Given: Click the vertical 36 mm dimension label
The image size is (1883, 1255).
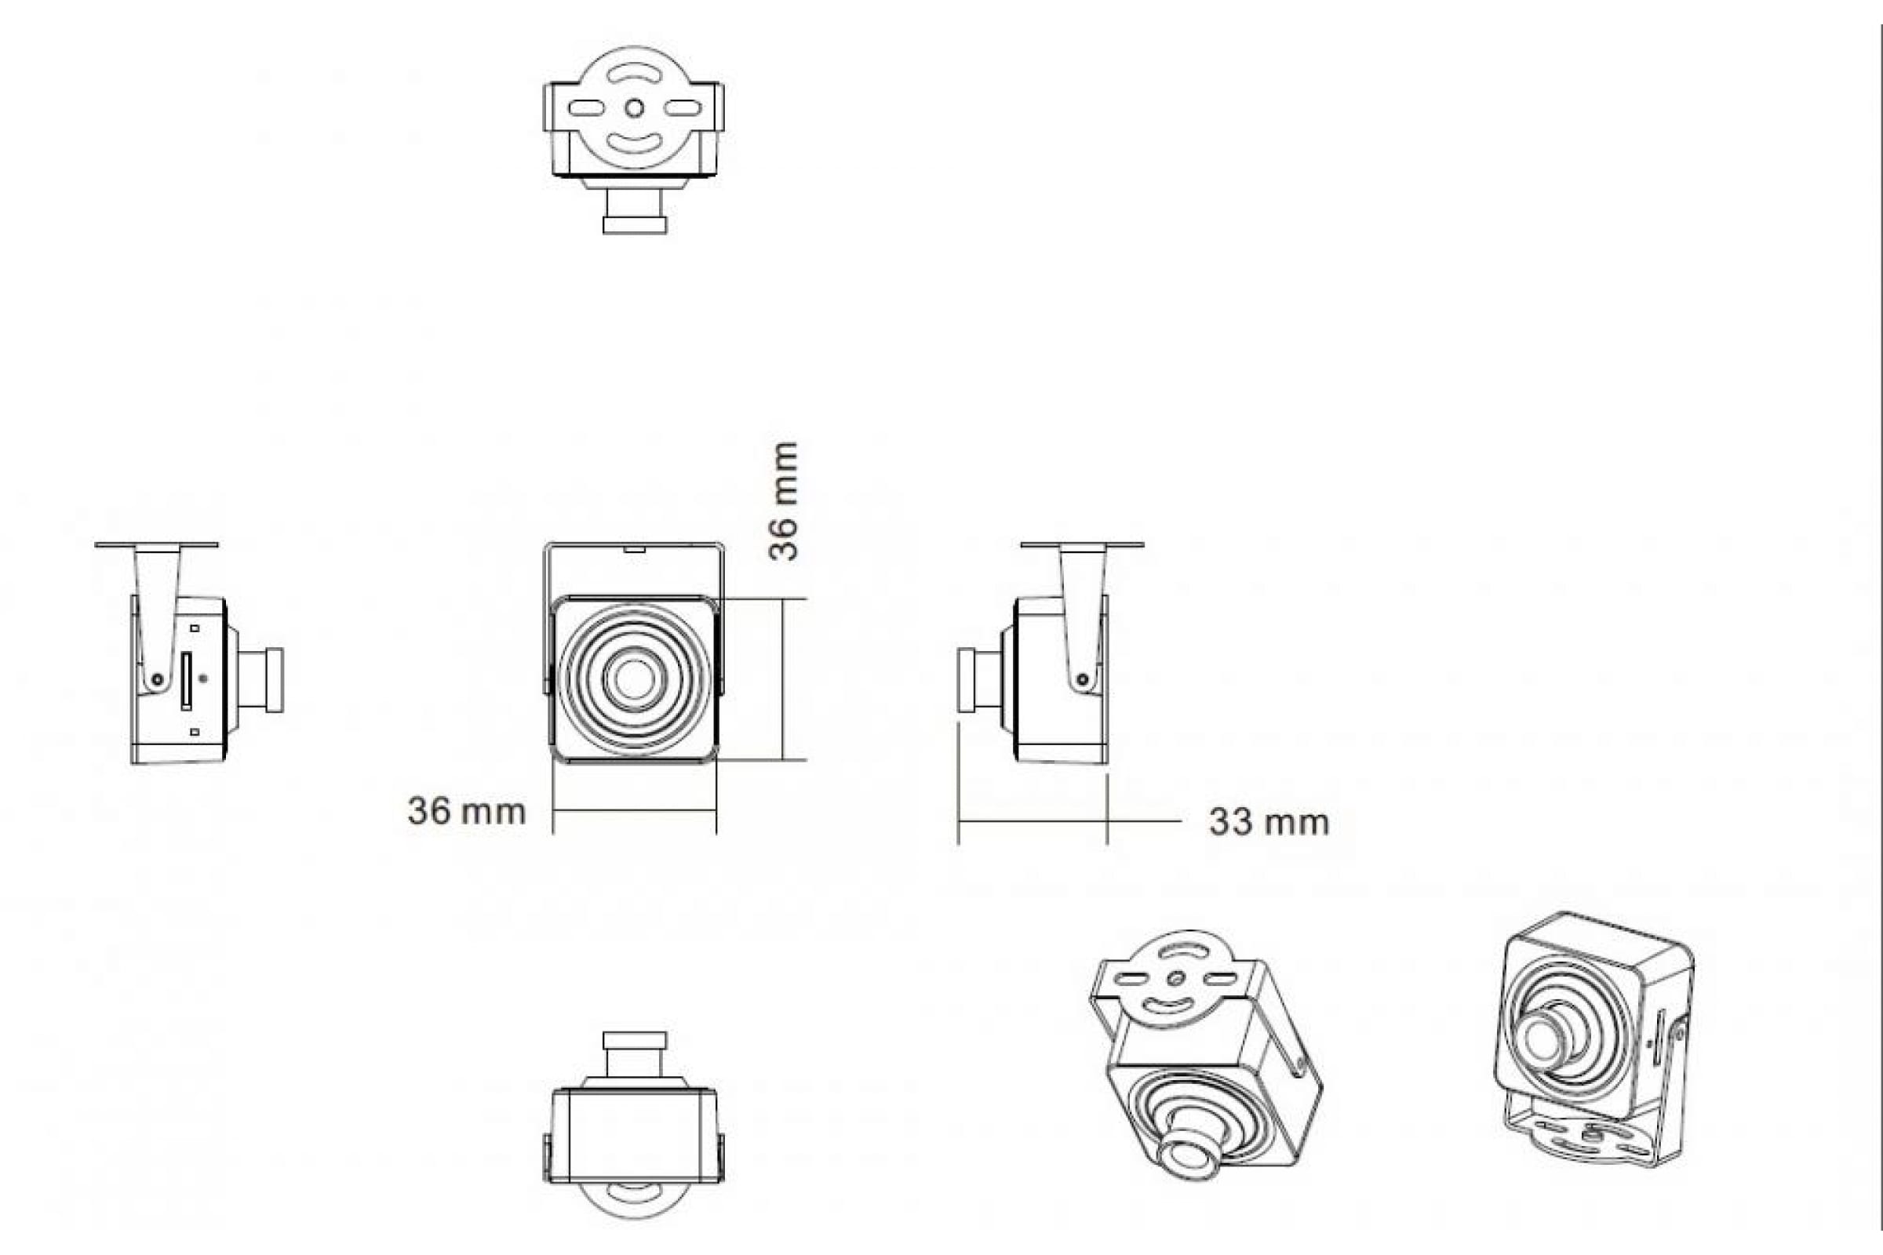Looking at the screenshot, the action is tap(784, 501).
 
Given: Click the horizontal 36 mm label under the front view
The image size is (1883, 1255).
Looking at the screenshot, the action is tap(467, 812).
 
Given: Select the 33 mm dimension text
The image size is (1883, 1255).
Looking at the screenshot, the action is tap(1269, 822).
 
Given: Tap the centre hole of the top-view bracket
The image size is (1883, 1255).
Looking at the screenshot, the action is tap(634, 107).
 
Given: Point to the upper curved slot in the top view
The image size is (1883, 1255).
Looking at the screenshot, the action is tap(634, 75).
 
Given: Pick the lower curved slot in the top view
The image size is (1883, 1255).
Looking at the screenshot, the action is tap(634, 144).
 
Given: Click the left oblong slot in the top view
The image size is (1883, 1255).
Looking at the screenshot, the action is tap(586, 107).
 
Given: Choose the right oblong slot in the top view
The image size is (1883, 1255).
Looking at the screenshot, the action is tap(683, 107).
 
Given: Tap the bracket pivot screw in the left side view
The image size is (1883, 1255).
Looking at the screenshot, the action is tap(158, 679).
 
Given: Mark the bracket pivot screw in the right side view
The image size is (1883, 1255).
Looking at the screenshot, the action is tap(1083, 679).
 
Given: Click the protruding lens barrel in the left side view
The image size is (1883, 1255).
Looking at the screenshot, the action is tap(261, 679).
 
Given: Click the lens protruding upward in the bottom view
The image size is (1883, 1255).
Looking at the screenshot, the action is tap(635, 1054).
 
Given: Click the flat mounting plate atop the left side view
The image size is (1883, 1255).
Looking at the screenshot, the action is tap(156, 544).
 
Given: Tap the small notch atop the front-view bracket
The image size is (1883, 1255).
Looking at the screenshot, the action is tap(635, 549).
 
